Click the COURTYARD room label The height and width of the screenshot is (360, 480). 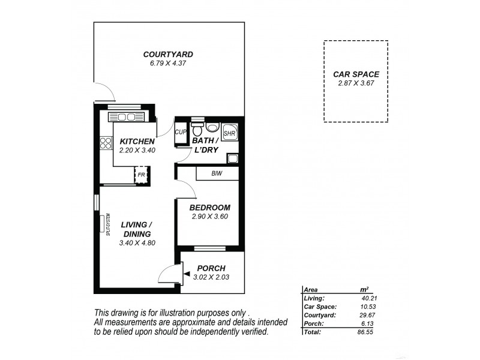coord(167,55)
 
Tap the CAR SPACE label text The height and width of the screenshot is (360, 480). coord(356,74)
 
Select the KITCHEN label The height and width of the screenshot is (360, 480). coord(137,142)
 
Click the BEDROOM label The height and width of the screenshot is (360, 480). coord(209,208)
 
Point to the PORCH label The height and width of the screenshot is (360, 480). coord(211,268)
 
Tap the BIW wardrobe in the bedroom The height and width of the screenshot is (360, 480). coord(218,173)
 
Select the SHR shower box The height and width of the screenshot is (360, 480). coord(229,133)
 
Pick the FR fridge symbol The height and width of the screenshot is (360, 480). coord(142,175)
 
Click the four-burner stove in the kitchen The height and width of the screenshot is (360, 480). coord(106,143)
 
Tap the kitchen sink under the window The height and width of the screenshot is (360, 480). coord(127,117)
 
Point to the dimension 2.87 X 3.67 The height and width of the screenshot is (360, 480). coord(356,83)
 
